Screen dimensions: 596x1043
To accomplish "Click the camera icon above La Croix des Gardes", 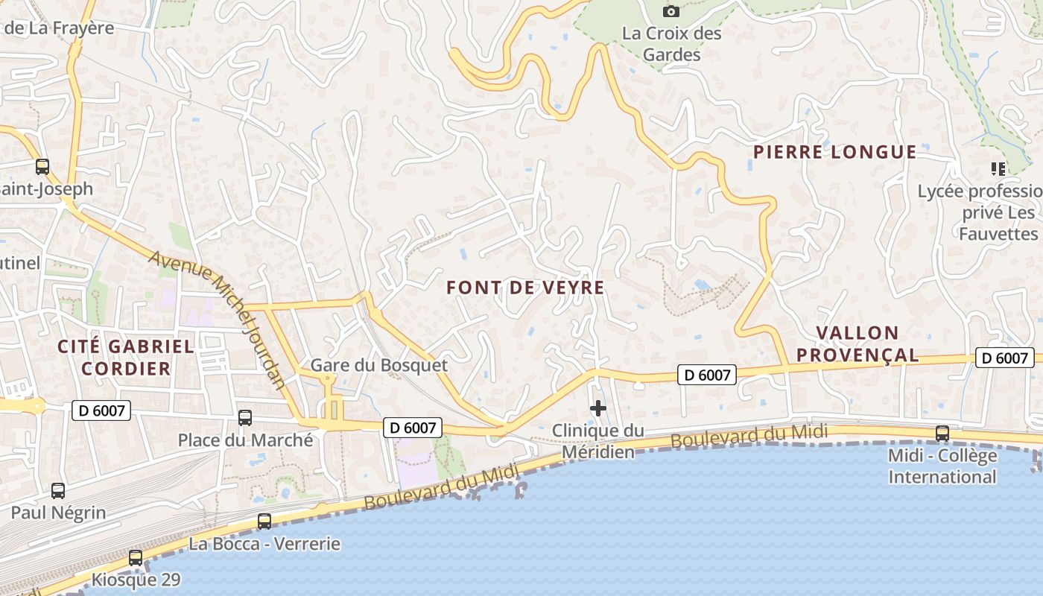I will point(671,11).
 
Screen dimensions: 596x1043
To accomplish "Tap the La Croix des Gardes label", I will point(672,44).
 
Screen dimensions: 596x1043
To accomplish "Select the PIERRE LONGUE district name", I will point(834,152).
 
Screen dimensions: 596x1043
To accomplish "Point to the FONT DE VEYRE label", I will point(525,288).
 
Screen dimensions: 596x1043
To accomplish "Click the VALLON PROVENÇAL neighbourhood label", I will point(857,343).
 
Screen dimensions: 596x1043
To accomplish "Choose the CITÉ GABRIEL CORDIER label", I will point(126,357).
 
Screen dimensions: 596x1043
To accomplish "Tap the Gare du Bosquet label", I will point(379,365).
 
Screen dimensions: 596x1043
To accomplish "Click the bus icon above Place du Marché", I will point(245,418).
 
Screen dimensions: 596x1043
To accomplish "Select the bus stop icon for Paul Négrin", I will point(58,491).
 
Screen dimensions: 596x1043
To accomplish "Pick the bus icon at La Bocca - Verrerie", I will point(264,521).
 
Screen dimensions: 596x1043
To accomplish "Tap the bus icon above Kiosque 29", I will point(136,558).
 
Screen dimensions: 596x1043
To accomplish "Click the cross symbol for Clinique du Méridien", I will point(597,408).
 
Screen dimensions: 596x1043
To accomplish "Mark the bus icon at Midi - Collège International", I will point(942,434).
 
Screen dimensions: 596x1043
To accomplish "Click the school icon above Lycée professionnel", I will point(998,169).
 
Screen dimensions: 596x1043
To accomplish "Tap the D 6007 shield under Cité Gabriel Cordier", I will point(101,410).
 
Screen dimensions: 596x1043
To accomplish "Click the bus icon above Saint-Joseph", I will point(42,167).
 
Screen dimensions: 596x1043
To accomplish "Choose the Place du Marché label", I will point(245,440).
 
